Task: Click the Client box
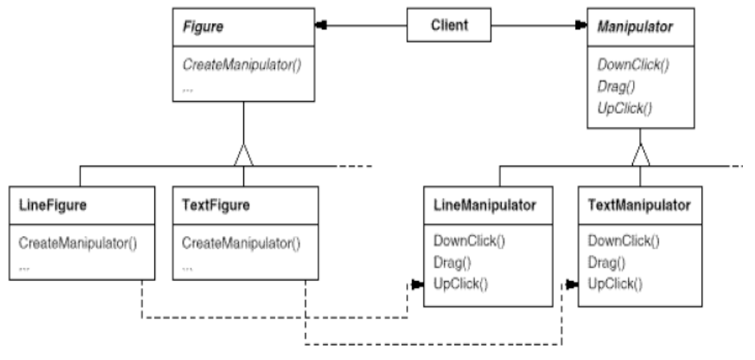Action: pyautogui.click(x=449, y=24)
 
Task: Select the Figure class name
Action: pyautogui.click(x=203, y=27)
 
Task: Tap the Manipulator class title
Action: pyautogui.click(x=635, y=27)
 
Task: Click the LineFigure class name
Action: pyautogui.click(x=53, y=206)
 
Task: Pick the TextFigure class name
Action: pyautogui.click(x=216, y=206)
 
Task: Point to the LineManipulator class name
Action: pyautogui.click(x=485, y=206)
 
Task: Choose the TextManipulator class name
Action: pyautogui.click(x=639, y=206)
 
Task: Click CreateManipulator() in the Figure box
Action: pyautogui.click(x=242, y=65)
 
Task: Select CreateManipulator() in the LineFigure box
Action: pyautogui.click(x=78, y=243)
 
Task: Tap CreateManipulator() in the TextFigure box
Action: pyautogui.click(x=241, y=243)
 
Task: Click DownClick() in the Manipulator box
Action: pyautogui.click(x=633, y=65)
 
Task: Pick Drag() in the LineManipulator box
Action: pyautogui.click(x=452, y=263)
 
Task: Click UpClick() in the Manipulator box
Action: pyautogui.click(x=624, y=109)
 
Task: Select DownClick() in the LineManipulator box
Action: pyautogui.click(x=469, y=241)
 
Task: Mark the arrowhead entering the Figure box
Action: pyautogui.click(x=321, y=25)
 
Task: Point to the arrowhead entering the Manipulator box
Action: pyautogui.click(x=580, y=25)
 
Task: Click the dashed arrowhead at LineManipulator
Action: pyautogui.click(x=417, y=285)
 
